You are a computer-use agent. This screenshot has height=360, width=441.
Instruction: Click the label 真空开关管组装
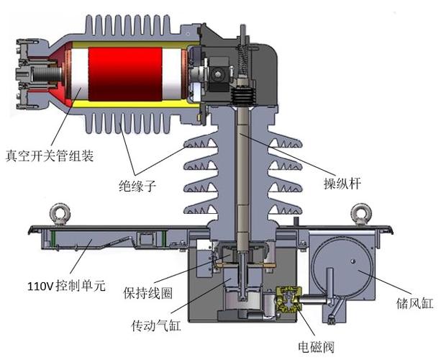[x=50, y=155]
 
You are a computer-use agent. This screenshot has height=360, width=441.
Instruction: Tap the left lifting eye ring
[x=58, y=214]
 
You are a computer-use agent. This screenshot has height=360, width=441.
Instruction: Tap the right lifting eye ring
[x=359, y=214]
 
